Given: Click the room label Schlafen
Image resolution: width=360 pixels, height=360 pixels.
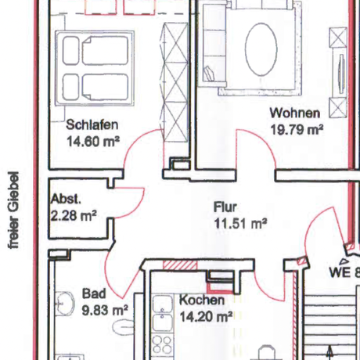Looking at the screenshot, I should [x=92, y=125].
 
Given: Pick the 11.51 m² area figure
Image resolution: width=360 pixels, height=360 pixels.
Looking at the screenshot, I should [x=240, y=224].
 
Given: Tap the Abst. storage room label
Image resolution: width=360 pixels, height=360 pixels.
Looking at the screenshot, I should [x=67, y=199].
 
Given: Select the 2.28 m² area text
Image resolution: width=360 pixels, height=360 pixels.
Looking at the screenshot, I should [x=73, y=214].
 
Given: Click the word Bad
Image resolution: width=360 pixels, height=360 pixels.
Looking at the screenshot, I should [x=93, y=294].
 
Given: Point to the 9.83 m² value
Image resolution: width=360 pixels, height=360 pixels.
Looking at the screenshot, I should [x=104, y=310].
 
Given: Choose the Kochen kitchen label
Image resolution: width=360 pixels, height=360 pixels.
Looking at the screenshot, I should [x=202, y=301].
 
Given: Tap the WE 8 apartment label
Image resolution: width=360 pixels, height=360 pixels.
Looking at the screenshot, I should [x=344, y=273].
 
